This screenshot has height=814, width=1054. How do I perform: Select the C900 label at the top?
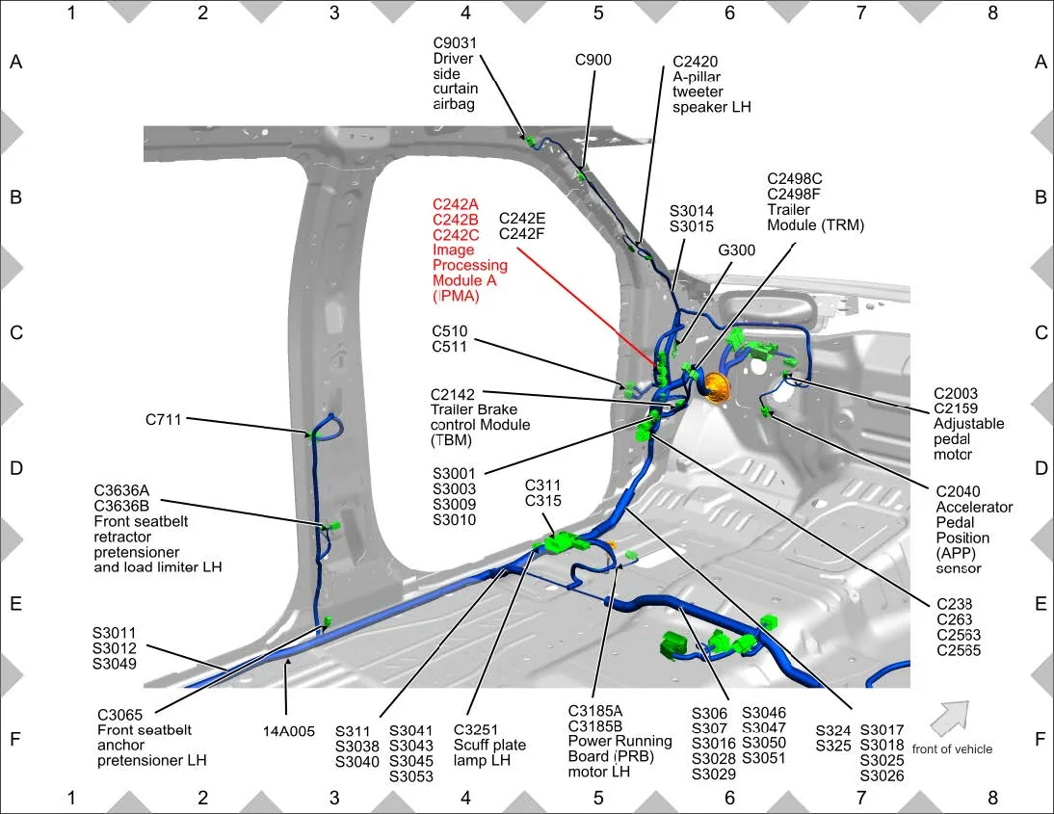(x=593, y=60)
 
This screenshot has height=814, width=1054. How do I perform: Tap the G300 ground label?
(x=738, y=249)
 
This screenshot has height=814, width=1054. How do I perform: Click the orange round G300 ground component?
(x=716, y=388)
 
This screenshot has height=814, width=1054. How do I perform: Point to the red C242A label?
(x=455, y=203)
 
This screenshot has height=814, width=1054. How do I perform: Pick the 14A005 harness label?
(x=289, y=731)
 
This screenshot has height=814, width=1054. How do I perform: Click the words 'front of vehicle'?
(x=952, y=748)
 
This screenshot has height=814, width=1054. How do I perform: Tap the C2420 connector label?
(x=695, y=61)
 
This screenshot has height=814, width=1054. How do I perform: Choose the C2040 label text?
(x=958, y=490)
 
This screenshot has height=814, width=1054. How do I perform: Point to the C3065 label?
(x=121, y=715)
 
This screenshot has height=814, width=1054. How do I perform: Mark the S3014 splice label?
(x=692, y=210)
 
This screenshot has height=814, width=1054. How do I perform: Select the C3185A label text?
(x=594, y=710)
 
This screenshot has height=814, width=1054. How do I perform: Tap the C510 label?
(x=451, y=330)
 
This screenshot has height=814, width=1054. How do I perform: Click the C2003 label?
(x=956, y=393)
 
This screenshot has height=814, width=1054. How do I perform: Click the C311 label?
(x=542, y=485)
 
